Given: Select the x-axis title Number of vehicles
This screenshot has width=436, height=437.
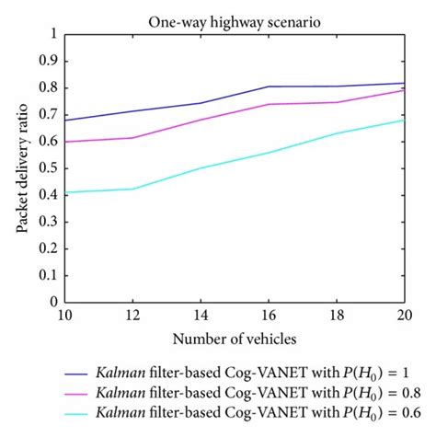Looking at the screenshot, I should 235,339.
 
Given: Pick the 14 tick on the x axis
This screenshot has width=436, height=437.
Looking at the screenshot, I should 201,316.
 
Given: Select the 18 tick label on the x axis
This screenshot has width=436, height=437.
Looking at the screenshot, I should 337,316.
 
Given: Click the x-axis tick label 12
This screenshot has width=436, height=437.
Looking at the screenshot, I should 132,316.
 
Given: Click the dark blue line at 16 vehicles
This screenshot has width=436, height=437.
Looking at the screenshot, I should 269,86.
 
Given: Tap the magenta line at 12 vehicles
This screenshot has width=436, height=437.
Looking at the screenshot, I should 132,138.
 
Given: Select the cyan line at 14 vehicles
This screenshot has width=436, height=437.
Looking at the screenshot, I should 201,167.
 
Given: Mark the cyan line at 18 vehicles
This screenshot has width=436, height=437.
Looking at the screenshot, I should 337,133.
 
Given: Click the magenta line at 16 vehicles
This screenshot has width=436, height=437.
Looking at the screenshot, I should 269,104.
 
